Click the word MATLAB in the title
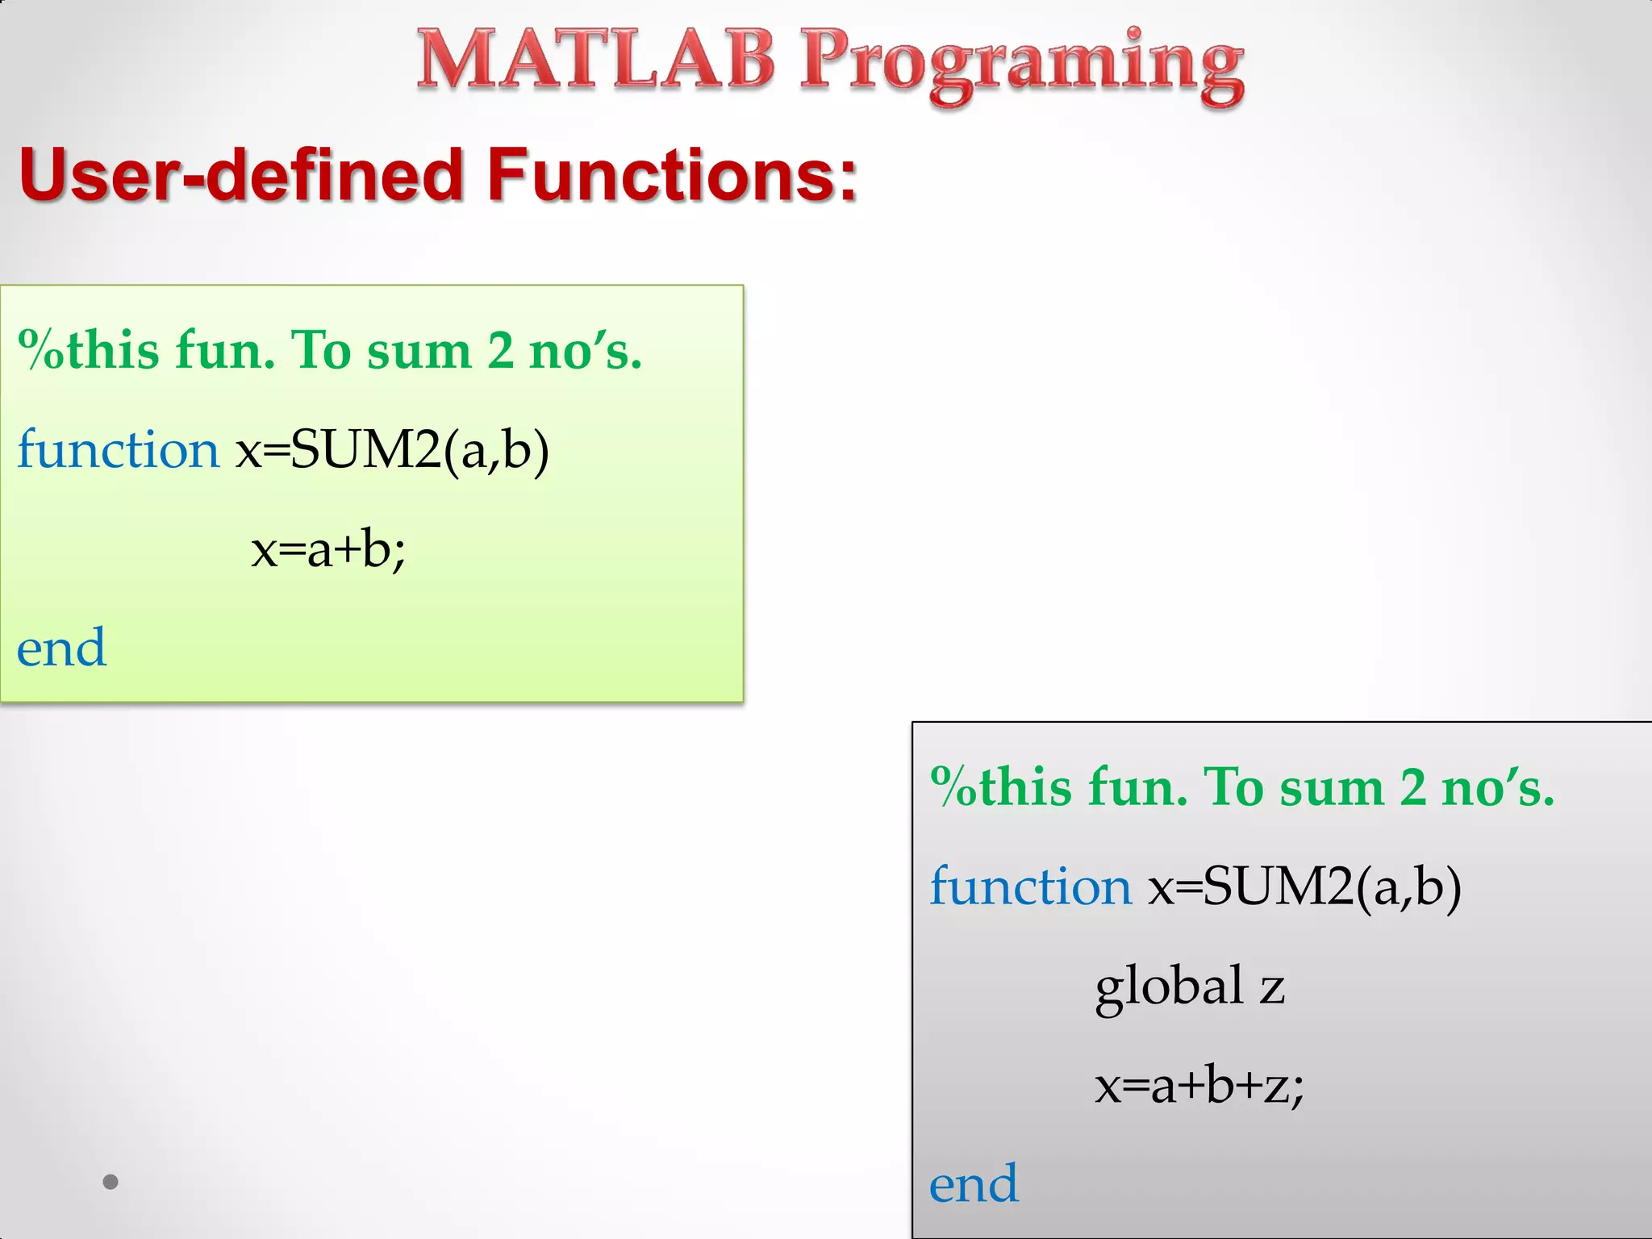point(595,60)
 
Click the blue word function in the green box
point(118,449)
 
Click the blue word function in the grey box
point(1031,886)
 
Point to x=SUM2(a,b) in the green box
point(392,449)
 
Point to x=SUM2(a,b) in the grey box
point(1304,886)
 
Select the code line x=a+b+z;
point(1199,1085)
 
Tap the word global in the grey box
point(1169,987)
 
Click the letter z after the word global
point(1272,988)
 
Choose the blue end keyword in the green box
point(61,648)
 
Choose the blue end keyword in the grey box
point(974,1184)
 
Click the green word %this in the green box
point(89,350)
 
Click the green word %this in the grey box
point(1001,786)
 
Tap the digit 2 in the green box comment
point(500,350)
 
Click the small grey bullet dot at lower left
point(111,1183)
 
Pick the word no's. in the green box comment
point(586,350)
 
